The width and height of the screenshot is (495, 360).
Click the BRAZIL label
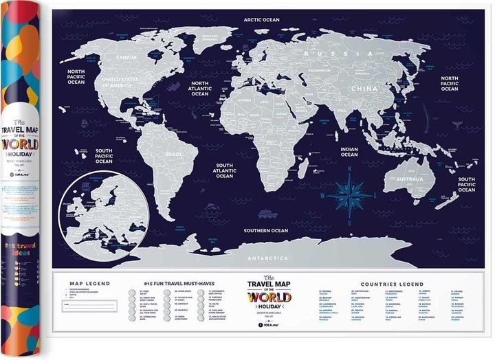[173, 155]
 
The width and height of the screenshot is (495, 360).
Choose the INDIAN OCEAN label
[349, 151]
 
